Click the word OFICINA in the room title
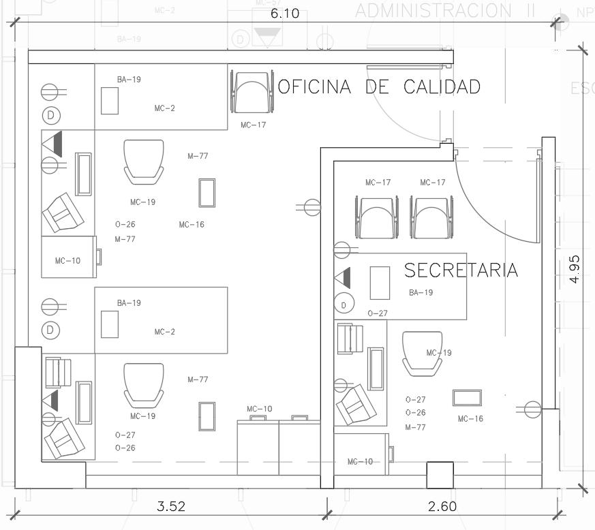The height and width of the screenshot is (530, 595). pyautogui.click(x=315, y=87)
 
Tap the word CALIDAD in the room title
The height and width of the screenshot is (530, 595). pyautogui.click(x=442, y=87)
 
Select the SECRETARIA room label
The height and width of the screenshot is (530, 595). pyautogui.click(x=461, y=270)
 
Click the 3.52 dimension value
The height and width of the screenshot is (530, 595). pyautogui.click(x=171, y=506)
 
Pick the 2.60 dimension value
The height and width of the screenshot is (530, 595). pyautogui.click(x=442, y=506)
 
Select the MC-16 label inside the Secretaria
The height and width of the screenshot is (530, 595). pyautogui.click(x=470, y=419)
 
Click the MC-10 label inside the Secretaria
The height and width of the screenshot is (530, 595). pyautogui.click(x=360, y=462)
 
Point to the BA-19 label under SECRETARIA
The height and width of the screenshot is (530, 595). pyautogui.click(x=421, y=293)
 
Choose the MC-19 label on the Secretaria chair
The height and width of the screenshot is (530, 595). pyautogui.click(x=439, y=353)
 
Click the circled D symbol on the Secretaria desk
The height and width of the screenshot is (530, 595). pyautogui.click(x=345, y=304)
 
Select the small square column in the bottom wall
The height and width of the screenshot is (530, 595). pyautogui.click(x=440, y=475)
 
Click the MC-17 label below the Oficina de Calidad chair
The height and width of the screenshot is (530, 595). pyautogui.click(x=253, y=125)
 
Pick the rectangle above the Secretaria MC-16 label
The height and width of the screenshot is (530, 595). pyautogui.click(x=467, y=398)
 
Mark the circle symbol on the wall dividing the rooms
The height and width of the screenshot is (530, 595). pyautogui.click(x=312, y=207)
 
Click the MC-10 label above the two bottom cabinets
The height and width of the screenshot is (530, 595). pyautogui.click(x=259, y=409)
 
